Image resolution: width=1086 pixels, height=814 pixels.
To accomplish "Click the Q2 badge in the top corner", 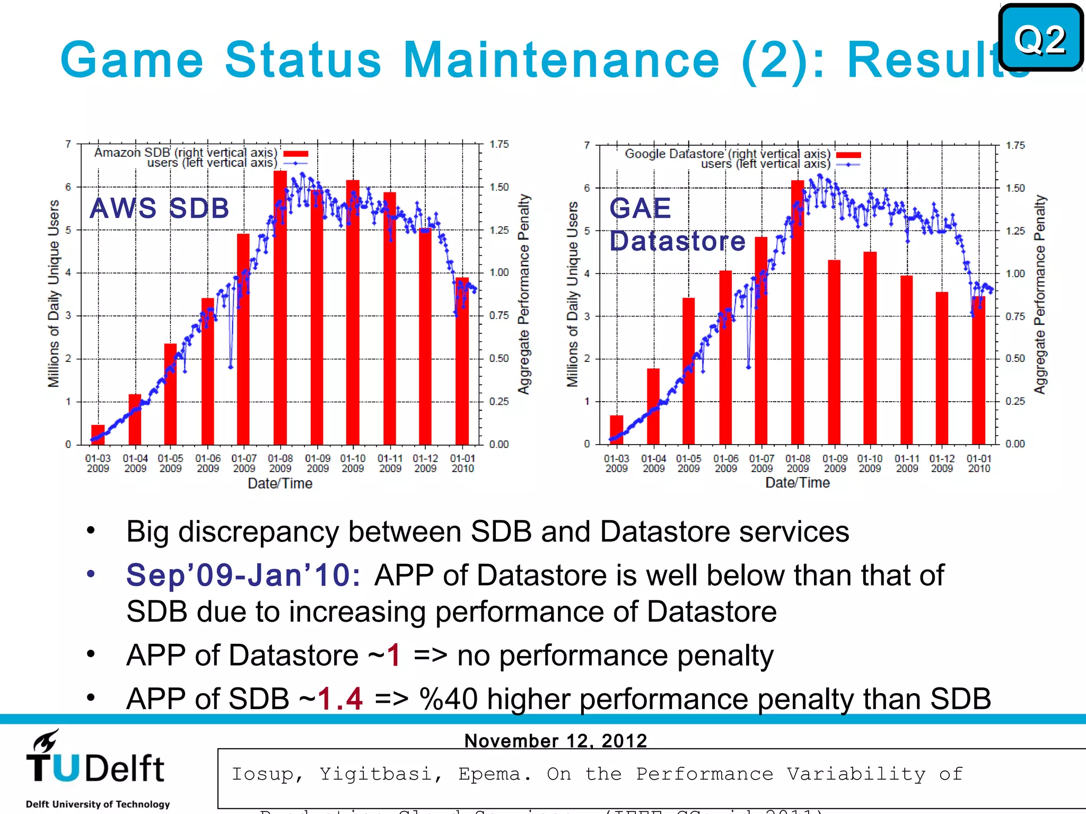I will pyautogui.click(x=1040, y=38).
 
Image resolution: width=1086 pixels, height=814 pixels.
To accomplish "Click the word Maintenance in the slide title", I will pyautogui.click(x=561, y=59).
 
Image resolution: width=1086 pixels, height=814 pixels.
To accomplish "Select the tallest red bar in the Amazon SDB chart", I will pyautogui.click(x=280, y=307).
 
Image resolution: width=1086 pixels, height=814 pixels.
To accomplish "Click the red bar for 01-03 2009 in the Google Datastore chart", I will pyautogui.click(x=616, y=429).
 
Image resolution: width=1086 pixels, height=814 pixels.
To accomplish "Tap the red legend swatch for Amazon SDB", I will pyautogui.click(x=295, y=154).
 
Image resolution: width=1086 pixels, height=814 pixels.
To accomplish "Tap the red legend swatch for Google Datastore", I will pyautogui.click(x=848, y=155).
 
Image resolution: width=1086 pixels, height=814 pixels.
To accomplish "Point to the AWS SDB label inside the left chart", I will pyautogui.click(x=160, y=208).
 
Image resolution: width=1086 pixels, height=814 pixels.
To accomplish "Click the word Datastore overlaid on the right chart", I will pyautogui.click(x=677, y=241).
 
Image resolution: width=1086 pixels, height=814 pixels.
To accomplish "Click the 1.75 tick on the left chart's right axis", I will pyautogui.click(x=498, y=144).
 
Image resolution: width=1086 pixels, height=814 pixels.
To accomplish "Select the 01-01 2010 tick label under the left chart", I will pyautogui.click(x=462, y=463).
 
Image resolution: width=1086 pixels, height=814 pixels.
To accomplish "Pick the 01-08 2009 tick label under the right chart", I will pyautogui.click(x=798, y=463).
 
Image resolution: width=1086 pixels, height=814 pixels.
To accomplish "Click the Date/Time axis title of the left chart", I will pyautogui.click(x=280, y=483).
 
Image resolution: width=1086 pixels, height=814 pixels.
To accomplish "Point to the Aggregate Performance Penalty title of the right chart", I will pyautogui.click(x=1040, y=295).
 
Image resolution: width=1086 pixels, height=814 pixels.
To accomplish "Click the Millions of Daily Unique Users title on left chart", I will pyautogui.click(x=54, y=294).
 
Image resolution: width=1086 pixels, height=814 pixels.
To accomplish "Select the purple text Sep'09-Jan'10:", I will pyautogui.click(x=243, y=576).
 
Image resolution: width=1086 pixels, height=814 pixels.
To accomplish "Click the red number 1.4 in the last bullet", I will pyautogui.click(x=340, y=698).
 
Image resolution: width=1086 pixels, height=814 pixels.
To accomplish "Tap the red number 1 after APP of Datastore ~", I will pyautogui.click(x=393, y=655).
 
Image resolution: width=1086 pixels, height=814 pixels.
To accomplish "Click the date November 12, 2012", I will pyautogui.click(x=555, y=740).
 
